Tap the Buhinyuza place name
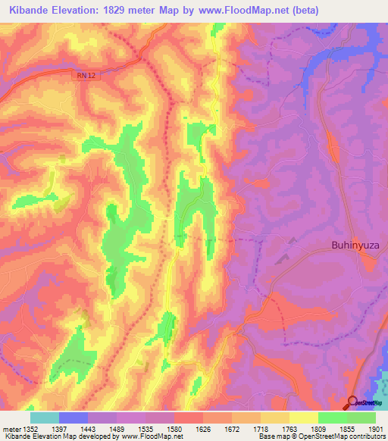point(359,245)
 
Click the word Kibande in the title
point(31,11)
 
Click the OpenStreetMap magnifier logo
point(353,402)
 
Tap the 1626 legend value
point(203,429)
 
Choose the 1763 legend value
point(289,429)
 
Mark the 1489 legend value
point(117,429)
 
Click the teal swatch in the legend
point(45,418)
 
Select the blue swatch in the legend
point(74,418)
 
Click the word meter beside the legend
point(9,429)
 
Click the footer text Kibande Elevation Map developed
point(53,437)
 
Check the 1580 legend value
point(174,429)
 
